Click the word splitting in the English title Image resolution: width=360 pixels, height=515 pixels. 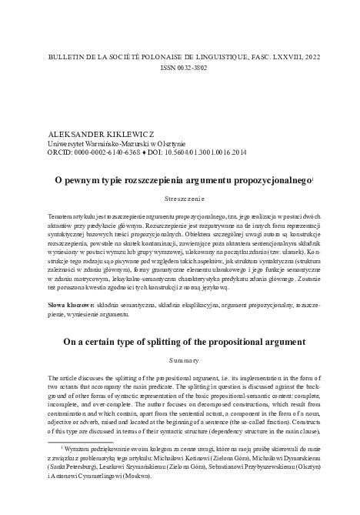(x=162, y=341)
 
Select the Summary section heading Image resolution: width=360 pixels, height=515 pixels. (x=179, y=359)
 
